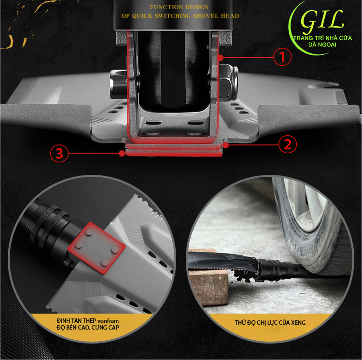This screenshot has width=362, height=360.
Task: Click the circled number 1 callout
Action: [x=282, y=57]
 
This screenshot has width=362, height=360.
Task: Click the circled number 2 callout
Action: [x=288, y=144]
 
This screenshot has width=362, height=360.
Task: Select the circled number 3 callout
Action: [x=59, y=153]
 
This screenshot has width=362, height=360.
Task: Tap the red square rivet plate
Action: [x=97, y=248]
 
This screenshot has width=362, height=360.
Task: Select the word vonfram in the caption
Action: [x=108, y=321]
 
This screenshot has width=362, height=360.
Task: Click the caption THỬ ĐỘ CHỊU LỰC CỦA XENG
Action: [x=270, y=323]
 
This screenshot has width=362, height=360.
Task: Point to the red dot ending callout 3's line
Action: [x=122, y=153]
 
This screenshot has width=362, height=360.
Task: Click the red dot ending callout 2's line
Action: [x=226, y=145]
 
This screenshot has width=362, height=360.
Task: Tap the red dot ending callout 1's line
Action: [x=221, y=57]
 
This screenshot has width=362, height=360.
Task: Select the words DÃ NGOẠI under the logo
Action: [x=322, y=44]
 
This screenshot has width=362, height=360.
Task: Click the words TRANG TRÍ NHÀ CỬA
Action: [x=322, y=38]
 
